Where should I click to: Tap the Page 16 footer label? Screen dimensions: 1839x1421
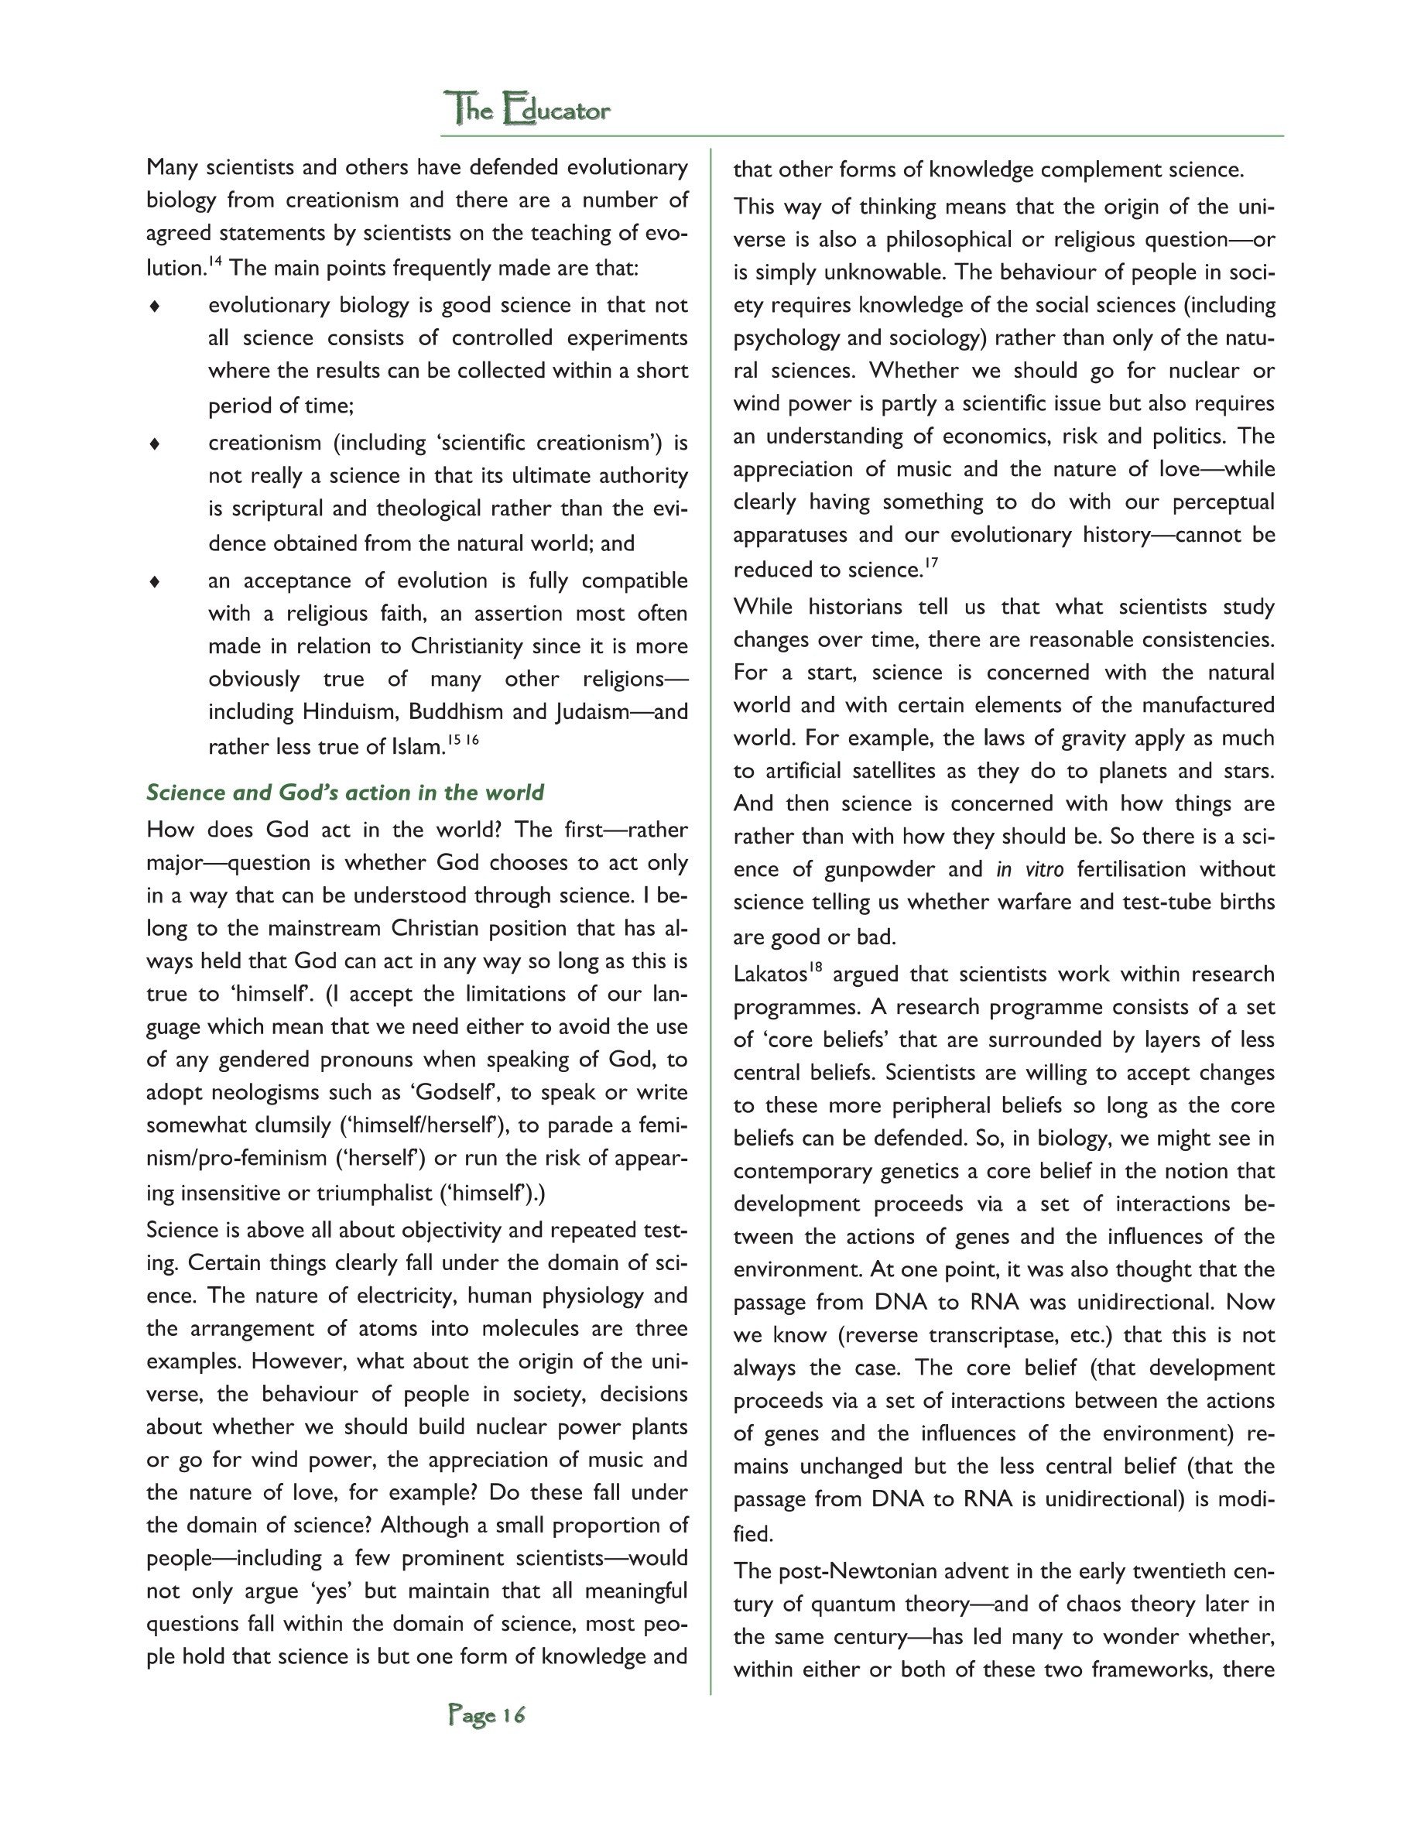click(487, 1715)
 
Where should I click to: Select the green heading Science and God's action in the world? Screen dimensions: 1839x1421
click(345, 793)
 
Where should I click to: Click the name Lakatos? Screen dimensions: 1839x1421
click(769, 975)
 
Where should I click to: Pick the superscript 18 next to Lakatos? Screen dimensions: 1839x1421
click(815, 968)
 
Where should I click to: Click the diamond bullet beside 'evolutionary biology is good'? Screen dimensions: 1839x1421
click(155, 306)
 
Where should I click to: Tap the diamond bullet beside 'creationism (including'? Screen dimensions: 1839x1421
click(155, 443)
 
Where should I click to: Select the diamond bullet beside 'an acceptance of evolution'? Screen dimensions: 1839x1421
click(155, 582)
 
